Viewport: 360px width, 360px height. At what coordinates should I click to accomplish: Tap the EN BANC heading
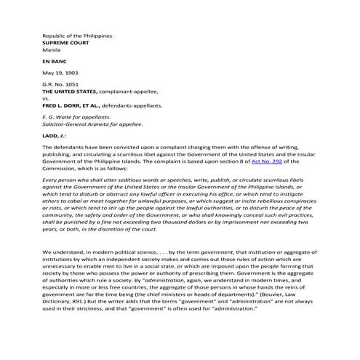[55, 64]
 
